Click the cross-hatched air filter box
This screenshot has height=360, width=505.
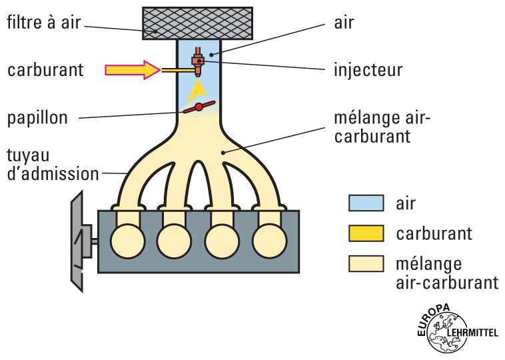[197, 21]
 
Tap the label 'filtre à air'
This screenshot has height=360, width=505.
[43, 22]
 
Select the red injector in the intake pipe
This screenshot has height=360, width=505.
[198, 61]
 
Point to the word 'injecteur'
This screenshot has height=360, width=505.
[369, 69]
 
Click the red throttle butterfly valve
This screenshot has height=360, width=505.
[199, 107]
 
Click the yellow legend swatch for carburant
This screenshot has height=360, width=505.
[366, 233]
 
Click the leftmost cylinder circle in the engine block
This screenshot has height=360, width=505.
[127, 240]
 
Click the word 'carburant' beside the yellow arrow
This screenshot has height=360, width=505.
[45, 69]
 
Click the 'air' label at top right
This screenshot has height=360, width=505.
[344, 22]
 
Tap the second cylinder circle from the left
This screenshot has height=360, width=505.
[174, 240]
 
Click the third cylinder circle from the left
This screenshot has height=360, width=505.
[222, 240]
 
